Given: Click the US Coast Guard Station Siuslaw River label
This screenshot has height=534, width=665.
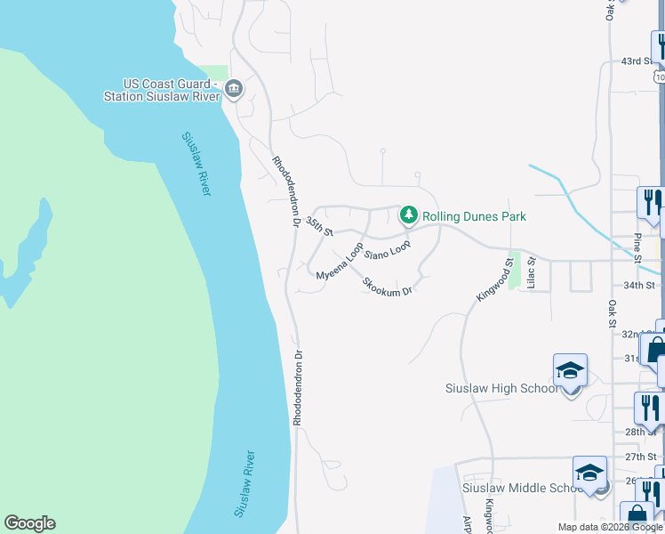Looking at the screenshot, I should (161, 90).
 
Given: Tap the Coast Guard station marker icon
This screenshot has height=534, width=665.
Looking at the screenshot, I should (234, 87).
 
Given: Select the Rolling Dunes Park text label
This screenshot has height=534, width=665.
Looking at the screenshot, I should (474, 216).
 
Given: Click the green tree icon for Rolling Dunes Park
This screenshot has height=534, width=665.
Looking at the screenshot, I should (408, 214).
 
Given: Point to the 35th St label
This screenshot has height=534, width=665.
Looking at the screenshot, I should (319, 225).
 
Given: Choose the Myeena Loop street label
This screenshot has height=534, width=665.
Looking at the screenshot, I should (340, 263).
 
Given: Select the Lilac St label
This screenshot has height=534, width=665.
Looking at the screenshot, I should (531, 273).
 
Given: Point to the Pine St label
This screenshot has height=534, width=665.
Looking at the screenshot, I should (637, 247).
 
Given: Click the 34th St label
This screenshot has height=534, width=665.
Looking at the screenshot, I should (639, 286).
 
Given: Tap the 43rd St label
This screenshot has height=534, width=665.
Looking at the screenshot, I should (637, 61).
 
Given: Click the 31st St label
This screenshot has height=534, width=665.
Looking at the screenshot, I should (632, 358).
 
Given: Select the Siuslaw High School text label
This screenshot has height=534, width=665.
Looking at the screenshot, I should (501, 388).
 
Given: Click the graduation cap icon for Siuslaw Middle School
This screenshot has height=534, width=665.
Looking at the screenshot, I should (589, 473).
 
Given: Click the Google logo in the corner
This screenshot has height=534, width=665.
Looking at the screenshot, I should (29, 523).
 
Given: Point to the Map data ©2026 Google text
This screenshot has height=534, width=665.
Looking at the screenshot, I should (610, 527).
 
